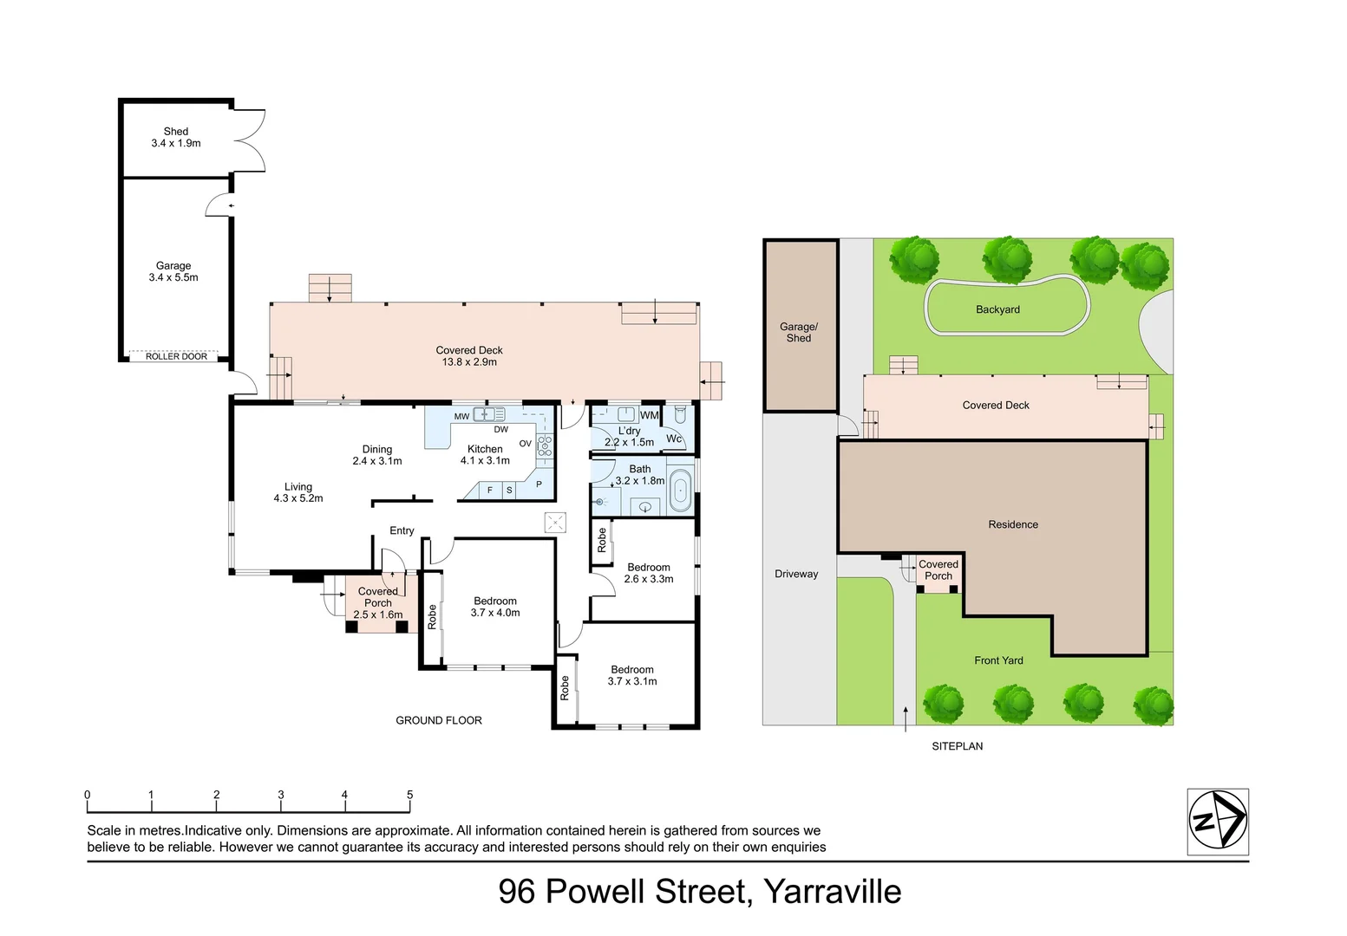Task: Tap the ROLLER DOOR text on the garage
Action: (176, 356)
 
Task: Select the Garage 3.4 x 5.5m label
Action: (173, 271)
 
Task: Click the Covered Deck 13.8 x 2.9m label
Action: (469, 355)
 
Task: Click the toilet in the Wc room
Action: (680, 415)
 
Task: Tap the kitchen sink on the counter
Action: (488, 414)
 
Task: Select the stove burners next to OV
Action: (545, 445)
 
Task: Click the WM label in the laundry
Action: (649, 415)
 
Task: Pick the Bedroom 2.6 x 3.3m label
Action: (649, 573)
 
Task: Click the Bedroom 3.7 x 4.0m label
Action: (495, 607)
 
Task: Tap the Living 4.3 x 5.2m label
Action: (298, 492)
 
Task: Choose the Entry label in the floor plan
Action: (402, 530)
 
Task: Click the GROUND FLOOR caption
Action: (439, 720)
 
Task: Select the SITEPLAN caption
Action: (958, 745)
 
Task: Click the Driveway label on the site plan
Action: (796, 574)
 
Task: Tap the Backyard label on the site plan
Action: (997, 309)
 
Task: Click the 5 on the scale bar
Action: (409, 795)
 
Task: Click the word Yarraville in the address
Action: (833, 892)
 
